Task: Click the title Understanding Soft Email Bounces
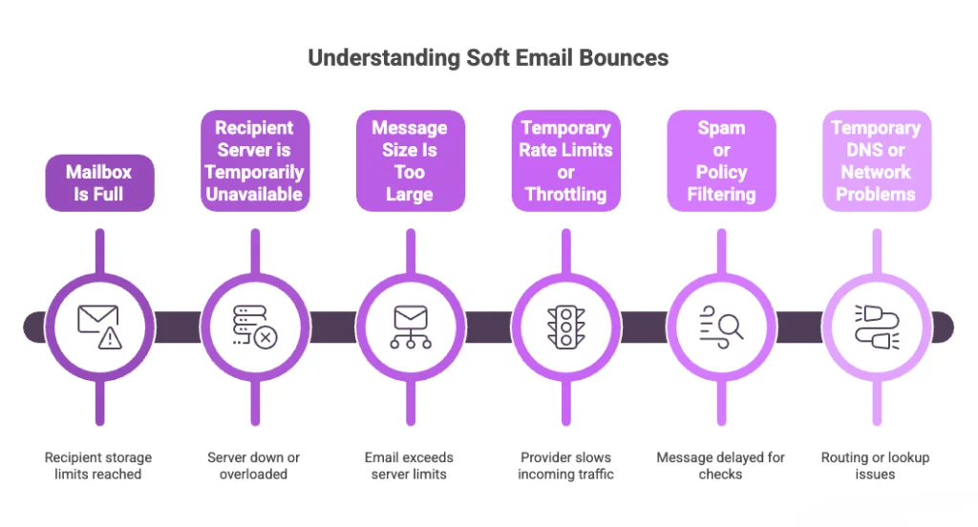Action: (488, 58)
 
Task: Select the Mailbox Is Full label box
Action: (98, 183)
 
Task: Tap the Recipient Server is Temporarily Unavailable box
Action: (254, 161)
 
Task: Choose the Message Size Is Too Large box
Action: (410, 161)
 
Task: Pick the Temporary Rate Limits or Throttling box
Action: (565, 161)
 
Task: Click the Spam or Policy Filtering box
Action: (721, 161)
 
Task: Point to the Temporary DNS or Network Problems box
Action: (876, 161)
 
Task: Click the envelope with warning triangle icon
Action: (98, 327)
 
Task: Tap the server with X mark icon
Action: (254, 327)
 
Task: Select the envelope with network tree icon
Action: (411, 327)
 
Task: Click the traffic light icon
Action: (565, 327)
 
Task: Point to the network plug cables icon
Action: (876, 327)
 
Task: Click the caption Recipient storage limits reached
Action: (98, 466)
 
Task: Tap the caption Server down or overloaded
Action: (254, 466)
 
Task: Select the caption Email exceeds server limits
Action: (410, 466)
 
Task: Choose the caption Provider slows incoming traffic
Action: (565, 466)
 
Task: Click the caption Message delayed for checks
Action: (721, 466)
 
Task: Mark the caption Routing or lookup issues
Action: (876, 466)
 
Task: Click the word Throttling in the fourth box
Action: (565, 195)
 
